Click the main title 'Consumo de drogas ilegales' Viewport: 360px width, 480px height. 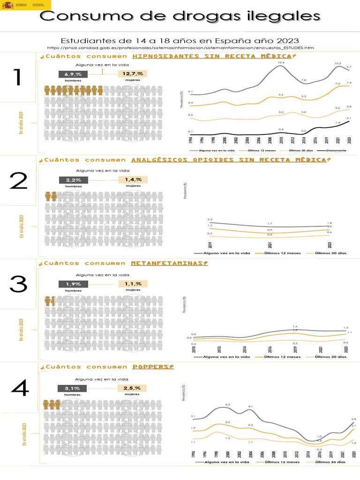point(180,16)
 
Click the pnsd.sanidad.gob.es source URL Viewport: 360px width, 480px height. point(180,48)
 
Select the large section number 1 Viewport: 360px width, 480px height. point(17,77)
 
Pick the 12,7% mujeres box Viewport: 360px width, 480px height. point(133,74)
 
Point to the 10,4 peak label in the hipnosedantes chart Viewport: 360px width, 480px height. point(281,62)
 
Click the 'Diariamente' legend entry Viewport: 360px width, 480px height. point(334,150)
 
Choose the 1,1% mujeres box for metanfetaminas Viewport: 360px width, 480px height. point(133,284)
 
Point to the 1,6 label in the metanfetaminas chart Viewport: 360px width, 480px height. point(295,326)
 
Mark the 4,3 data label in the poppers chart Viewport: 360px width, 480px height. point(228,404)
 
